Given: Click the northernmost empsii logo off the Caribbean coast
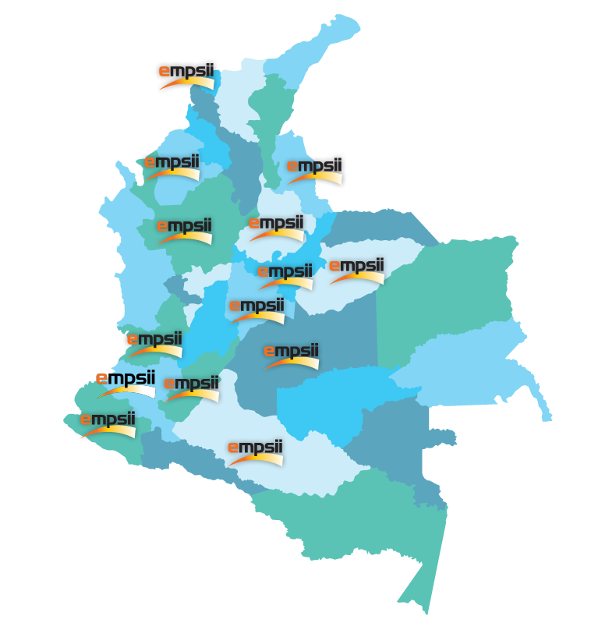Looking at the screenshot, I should click(186, 76).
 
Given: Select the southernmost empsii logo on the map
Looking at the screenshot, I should click(255, 452).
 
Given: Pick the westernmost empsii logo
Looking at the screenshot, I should click(107, 425).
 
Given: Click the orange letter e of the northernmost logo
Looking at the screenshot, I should click(165, 71).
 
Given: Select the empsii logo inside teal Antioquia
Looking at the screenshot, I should click(185, 231).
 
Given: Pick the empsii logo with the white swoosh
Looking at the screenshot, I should click(125, 384).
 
